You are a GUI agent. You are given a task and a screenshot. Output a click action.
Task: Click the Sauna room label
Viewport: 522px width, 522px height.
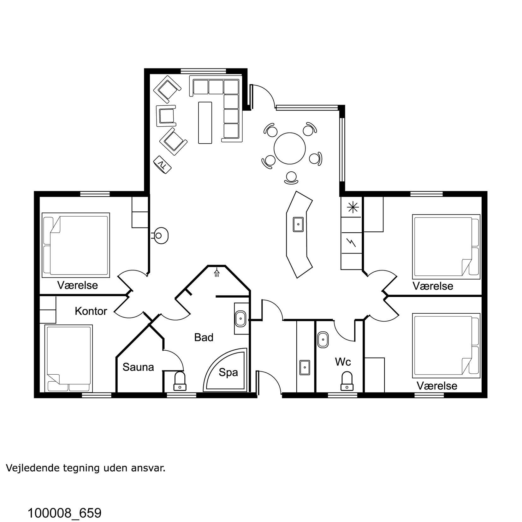coord(138,367)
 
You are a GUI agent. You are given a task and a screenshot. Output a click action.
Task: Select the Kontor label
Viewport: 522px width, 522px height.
coord(91,311)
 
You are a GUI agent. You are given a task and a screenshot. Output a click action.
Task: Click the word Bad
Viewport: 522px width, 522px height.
coord(204,337)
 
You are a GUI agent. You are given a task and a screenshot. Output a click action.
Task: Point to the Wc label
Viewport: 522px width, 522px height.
coord(343,362)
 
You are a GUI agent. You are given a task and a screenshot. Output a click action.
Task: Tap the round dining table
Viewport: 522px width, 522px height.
coord(290,148)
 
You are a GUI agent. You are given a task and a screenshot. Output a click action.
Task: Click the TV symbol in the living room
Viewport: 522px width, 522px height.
coord(162,164)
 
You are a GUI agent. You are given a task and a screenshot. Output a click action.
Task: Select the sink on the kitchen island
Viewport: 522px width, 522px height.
coord(298,224)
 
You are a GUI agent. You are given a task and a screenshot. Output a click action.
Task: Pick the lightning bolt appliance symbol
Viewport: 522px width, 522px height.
coord(351,242)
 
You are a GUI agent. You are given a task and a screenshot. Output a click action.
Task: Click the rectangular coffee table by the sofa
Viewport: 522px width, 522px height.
coord(205,122)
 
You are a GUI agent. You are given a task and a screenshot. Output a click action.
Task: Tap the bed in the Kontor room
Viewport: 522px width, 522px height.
coord(69,358)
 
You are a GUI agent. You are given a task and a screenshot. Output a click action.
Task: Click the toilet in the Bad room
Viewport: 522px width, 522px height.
coord(180,381)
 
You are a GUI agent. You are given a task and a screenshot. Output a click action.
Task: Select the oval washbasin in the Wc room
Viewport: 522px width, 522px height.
coord(323,340)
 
